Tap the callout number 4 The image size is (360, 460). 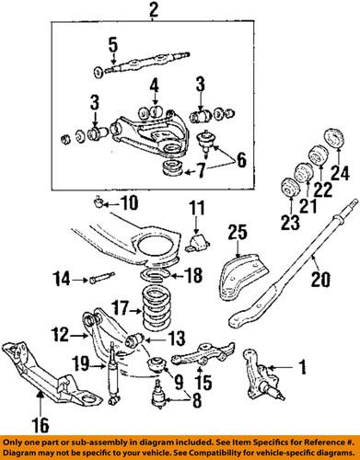point(155,88)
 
